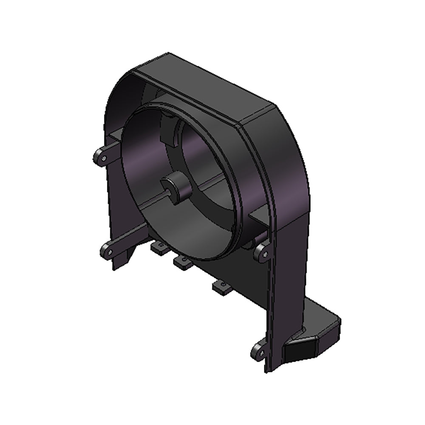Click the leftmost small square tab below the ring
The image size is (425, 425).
pos(158,248)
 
